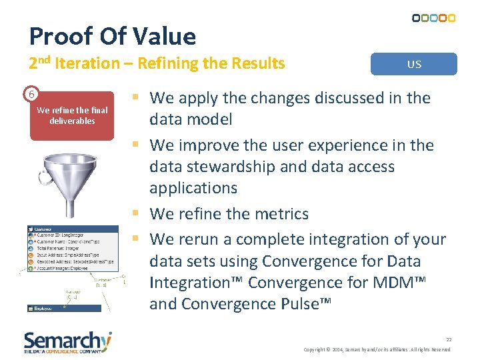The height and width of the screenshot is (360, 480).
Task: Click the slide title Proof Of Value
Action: (113, 36)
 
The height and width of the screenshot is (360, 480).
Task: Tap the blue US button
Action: (414, 64)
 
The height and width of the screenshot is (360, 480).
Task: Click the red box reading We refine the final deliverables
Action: (72, 116)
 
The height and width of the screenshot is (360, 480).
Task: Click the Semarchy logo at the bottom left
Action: (67, 341)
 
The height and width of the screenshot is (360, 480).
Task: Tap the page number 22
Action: (449, 339)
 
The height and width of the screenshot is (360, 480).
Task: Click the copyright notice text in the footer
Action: (377, 349)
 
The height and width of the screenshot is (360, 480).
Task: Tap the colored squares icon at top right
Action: (433, 18)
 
